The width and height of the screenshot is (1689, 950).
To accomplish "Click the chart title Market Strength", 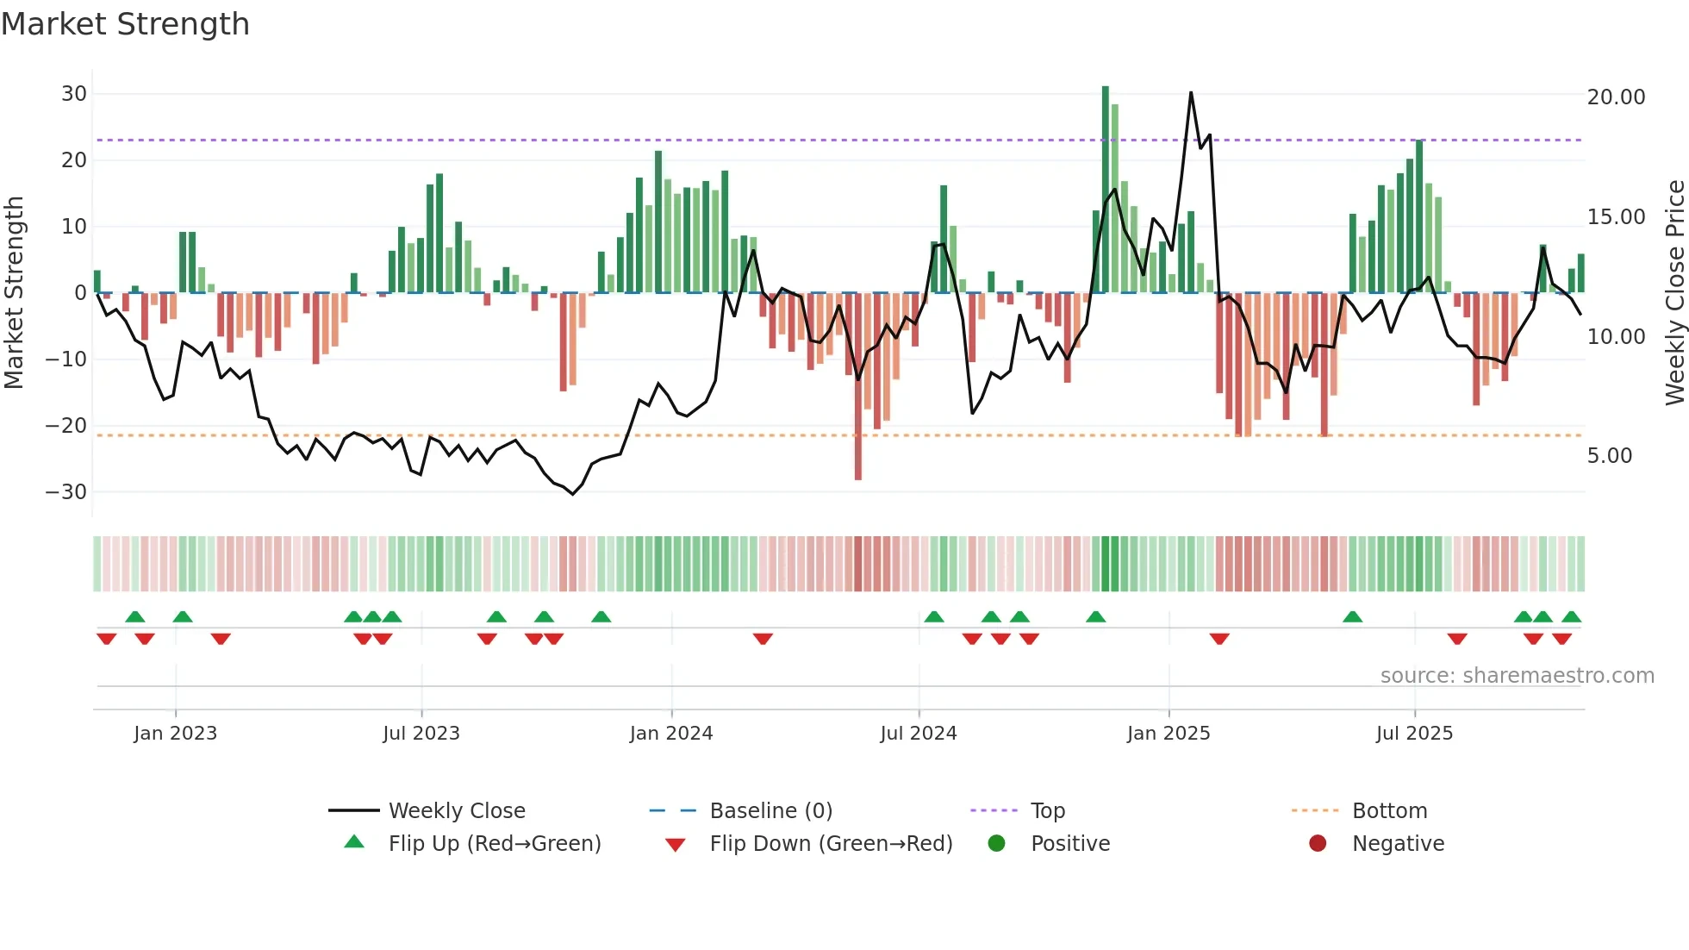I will pyautogui.click(x=125, y=24).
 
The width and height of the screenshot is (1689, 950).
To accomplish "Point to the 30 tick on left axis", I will pyautogui.click(x=74, y=94).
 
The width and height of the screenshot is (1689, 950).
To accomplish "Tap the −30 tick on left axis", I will pyautogui.click(x=66, y=492).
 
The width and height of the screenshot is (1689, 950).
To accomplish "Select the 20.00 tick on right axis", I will pyautogui.click(x=1616, y=97).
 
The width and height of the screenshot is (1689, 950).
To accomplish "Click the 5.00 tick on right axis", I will pyautogui.click(x=1610, y=456).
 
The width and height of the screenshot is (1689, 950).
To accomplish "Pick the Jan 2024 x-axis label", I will pyautogui.click(x=671, y=734).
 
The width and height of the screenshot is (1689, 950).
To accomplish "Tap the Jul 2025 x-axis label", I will pyautogui.click(x=1414, y=734).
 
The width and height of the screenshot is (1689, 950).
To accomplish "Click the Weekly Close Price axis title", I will pyautogui.click(x=1674, y=293).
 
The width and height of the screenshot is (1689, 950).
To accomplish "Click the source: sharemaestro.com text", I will pyautogui.click(x=1517, y=676).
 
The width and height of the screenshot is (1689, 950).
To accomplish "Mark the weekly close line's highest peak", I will pyautogui.click(x=1191, y=93).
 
